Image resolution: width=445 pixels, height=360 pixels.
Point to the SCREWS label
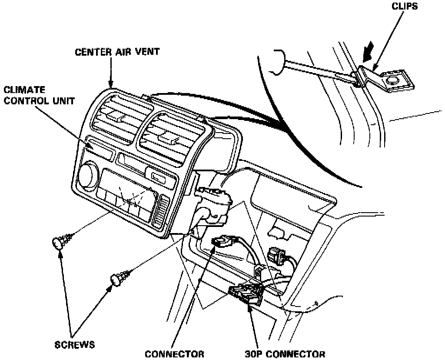coord(75,344)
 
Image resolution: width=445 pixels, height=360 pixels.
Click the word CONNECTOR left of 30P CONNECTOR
coord(174,353)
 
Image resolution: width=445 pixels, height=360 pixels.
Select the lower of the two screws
coord(119,277)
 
